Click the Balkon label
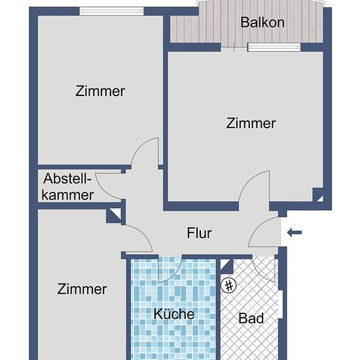262,22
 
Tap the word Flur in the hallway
199,233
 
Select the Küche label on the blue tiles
174,314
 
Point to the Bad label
251,318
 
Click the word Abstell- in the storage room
67,179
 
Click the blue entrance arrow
295,232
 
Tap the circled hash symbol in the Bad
228,285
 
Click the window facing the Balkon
274,47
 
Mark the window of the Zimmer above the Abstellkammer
111,11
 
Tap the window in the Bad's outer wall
280,304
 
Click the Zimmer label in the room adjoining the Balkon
251,123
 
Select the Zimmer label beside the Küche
82,289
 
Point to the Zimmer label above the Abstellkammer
100,91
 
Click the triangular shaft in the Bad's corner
226,266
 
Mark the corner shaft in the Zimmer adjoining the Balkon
318,194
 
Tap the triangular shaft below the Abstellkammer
113,215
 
